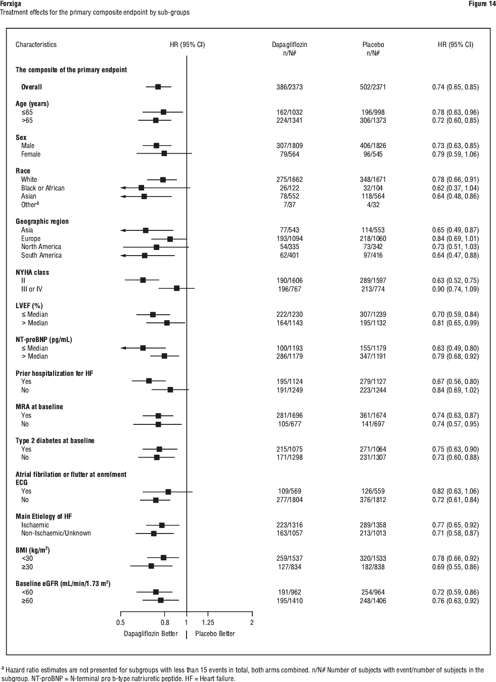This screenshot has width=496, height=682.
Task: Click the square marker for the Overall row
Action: [158, 87]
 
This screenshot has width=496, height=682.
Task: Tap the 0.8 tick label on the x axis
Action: [165, 622]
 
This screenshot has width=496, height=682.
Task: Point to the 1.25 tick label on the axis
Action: [208, 622]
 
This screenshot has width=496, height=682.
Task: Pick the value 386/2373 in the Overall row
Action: [289, 87]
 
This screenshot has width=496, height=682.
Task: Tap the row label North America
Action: [41, 247]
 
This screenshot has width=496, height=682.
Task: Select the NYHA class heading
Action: [32, 272]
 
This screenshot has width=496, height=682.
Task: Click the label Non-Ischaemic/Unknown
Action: [56, 533]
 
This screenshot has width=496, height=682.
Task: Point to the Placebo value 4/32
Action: [373, 205]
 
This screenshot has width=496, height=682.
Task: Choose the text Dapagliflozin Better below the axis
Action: [151, 634]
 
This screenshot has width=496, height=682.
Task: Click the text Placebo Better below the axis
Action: [215, 634]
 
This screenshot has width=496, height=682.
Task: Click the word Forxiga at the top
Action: [11, 4]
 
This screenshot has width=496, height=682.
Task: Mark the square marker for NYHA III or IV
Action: [176, 288]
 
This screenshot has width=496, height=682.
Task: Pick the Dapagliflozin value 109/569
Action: [289, 491]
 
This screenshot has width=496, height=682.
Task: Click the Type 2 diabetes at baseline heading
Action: [55, 441]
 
